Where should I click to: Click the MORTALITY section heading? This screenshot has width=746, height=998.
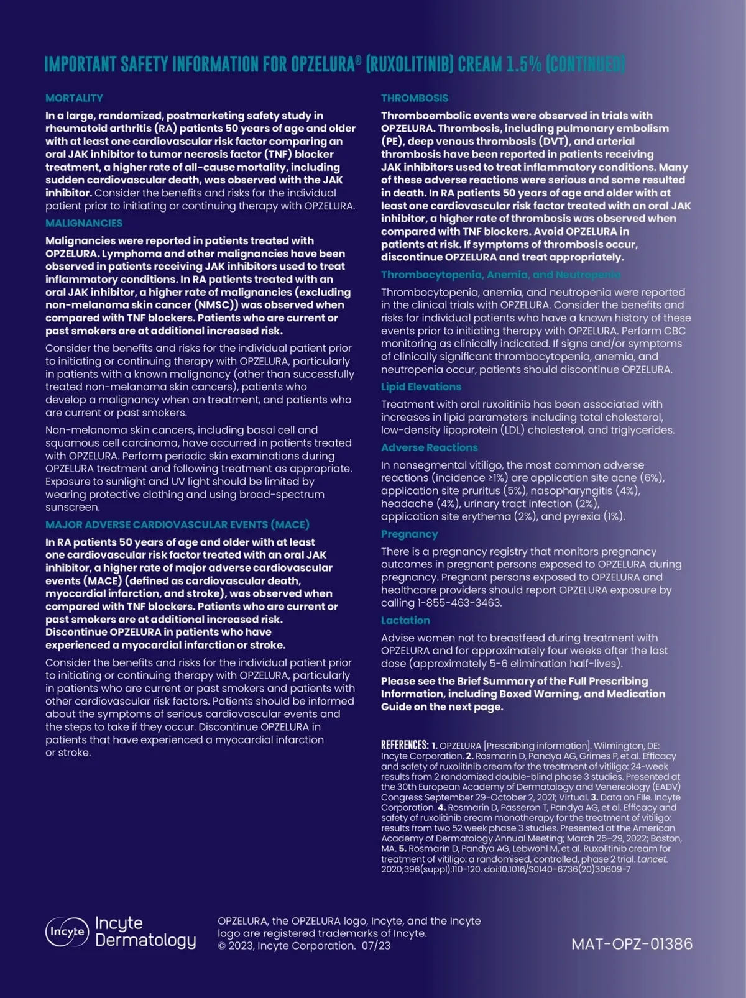click(74, 98)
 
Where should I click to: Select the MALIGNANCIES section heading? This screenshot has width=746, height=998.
click(84, 223)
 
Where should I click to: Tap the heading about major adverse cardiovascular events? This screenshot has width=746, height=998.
click(177, 524)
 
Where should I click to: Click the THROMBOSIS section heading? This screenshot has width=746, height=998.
click(415, 98)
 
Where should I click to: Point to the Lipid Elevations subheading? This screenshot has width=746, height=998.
click(421, 387)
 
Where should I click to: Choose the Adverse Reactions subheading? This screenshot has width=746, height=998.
click(430, 447)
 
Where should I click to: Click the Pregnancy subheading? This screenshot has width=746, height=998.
click(409, 534)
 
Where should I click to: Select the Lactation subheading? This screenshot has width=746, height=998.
click(405, 620)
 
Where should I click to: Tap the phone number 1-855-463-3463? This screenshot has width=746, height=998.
click(459, 603)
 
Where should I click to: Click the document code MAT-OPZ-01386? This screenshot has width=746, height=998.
click(632, 944)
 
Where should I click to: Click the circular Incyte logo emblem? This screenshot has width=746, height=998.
click(67, 932)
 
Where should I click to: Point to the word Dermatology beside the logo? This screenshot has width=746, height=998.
click(145, 940)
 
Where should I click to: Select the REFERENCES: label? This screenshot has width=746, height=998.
click(405, 745)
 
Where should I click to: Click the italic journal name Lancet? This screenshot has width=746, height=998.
click(652, 859)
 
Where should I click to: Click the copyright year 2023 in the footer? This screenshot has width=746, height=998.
click(241, 946)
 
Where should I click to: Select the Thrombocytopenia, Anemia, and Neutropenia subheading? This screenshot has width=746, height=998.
click(500, 275)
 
